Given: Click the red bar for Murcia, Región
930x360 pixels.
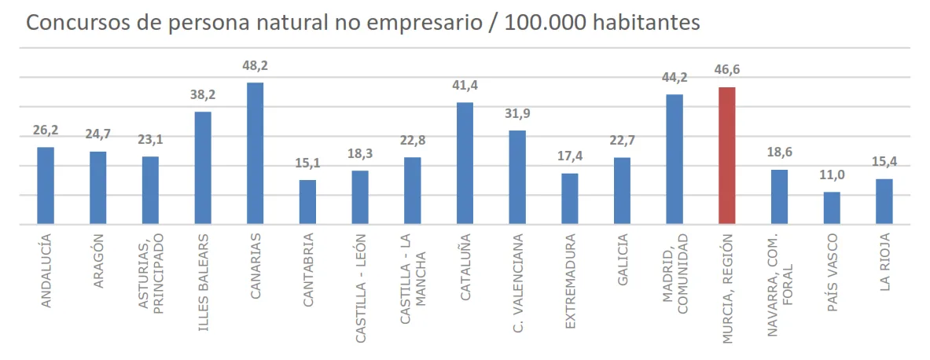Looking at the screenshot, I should [x=727, y=156].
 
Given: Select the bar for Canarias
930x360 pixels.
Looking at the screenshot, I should [x=255, y=153].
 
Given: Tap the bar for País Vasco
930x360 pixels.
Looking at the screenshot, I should [x=832, y=208].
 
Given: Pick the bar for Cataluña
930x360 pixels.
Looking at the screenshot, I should [x=465, y=163].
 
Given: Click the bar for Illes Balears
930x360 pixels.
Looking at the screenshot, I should [x=203, y=168].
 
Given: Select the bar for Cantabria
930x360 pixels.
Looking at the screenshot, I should [x=307, y=202].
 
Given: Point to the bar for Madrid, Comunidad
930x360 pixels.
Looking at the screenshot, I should [x=675, y=160].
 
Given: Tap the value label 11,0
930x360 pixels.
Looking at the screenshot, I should [x=832, y=177].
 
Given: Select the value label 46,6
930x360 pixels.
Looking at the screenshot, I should [x=727, y=70].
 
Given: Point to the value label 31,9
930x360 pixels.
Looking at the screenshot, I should [x=517, y=115].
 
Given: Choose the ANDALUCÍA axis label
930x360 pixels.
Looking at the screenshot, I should [x=46, y=270].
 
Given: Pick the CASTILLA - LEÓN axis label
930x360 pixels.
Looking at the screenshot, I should [x=360, y=288].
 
